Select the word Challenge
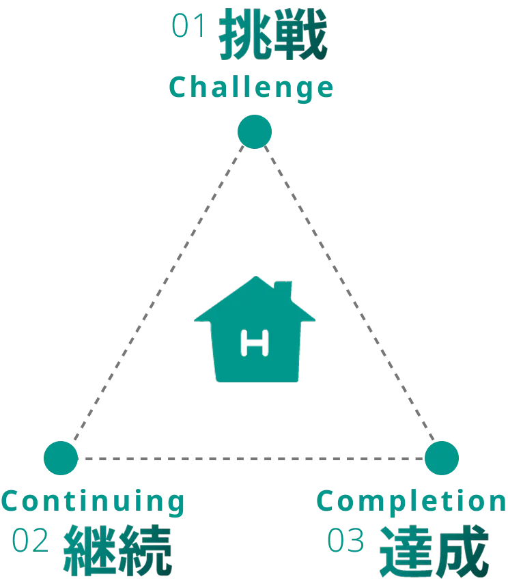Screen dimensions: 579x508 [x=251, y=87]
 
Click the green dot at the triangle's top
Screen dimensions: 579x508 [x=254, y=132]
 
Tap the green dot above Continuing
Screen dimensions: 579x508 [x=61, y=457]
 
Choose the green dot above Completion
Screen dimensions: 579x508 [x=440, y=457]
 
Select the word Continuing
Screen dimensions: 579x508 [x=93, y=502]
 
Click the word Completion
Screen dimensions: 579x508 [x=412, y=502]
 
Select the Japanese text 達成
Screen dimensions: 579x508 [x=434, y=551]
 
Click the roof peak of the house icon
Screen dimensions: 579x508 [x=254, y=278]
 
